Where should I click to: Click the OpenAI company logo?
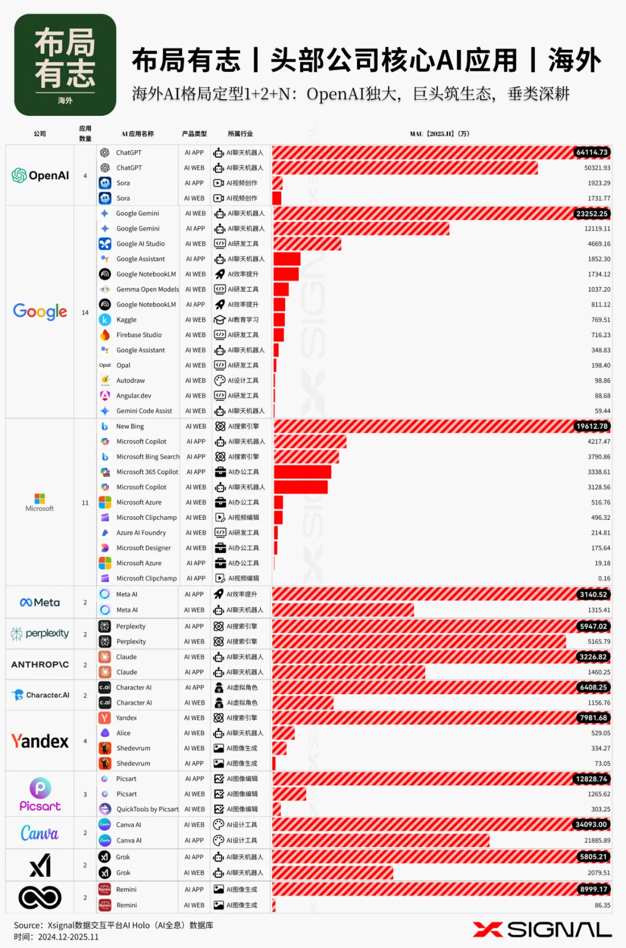(40, 176)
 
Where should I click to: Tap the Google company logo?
(40, 312)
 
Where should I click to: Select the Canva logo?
(39, 833)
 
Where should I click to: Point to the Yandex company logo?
(40, 741)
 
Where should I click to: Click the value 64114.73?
(592, 152)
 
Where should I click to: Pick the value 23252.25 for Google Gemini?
(592, 214)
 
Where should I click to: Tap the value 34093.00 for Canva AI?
(591, 825)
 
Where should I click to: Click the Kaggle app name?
(126, 320)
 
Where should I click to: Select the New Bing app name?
(130, 426)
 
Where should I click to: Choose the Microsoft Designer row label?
(144, 548)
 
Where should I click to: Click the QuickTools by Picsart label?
(147, 810)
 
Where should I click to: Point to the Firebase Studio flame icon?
(105, 335)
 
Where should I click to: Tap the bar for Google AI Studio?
(307, 244)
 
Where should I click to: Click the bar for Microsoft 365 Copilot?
(302, 472)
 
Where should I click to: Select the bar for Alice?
(283, 733)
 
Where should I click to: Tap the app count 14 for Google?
(85, 312)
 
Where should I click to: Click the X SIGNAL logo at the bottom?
(542, 929)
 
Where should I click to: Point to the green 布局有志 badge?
(65, 65)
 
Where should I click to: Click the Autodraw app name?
(130, 381)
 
